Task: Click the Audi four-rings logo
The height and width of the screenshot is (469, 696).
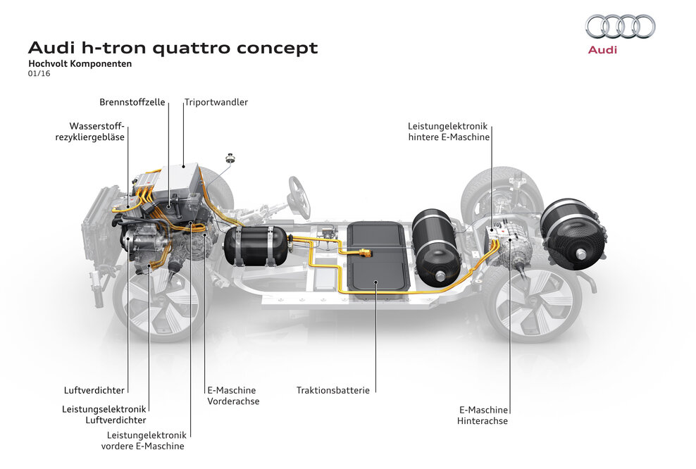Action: click(620, 27)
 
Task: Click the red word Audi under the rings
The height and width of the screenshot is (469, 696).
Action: click(602, 50)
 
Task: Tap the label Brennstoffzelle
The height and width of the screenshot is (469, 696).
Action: click(132, 102)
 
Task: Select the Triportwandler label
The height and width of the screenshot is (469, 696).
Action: click(216, 102)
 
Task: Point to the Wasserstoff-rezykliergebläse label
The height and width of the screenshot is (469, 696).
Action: click(90, 132)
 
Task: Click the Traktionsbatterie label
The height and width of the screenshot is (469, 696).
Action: click(333, 389)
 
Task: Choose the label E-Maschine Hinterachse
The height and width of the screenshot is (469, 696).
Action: click(483, 415)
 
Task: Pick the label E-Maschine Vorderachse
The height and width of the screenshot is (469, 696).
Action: click(232, 395)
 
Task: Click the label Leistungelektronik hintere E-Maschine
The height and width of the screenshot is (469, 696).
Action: click(449, 132)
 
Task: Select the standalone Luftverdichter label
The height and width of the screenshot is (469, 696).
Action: click(94, 389)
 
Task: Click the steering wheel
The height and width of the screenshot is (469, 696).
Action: click(299, 196)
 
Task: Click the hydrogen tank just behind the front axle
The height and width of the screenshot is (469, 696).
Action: click(255, 244)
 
